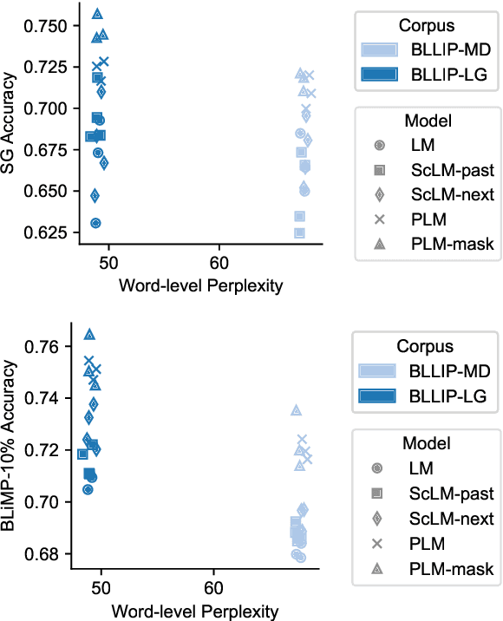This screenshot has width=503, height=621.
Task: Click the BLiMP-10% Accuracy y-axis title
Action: point(11,447)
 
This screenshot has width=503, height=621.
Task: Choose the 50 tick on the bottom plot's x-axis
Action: point(102,590)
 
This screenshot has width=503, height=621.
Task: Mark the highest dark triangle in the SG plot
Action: point(97,14)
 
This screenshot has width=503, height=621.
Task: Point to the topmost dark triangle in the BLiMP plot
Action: point(89,335)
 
